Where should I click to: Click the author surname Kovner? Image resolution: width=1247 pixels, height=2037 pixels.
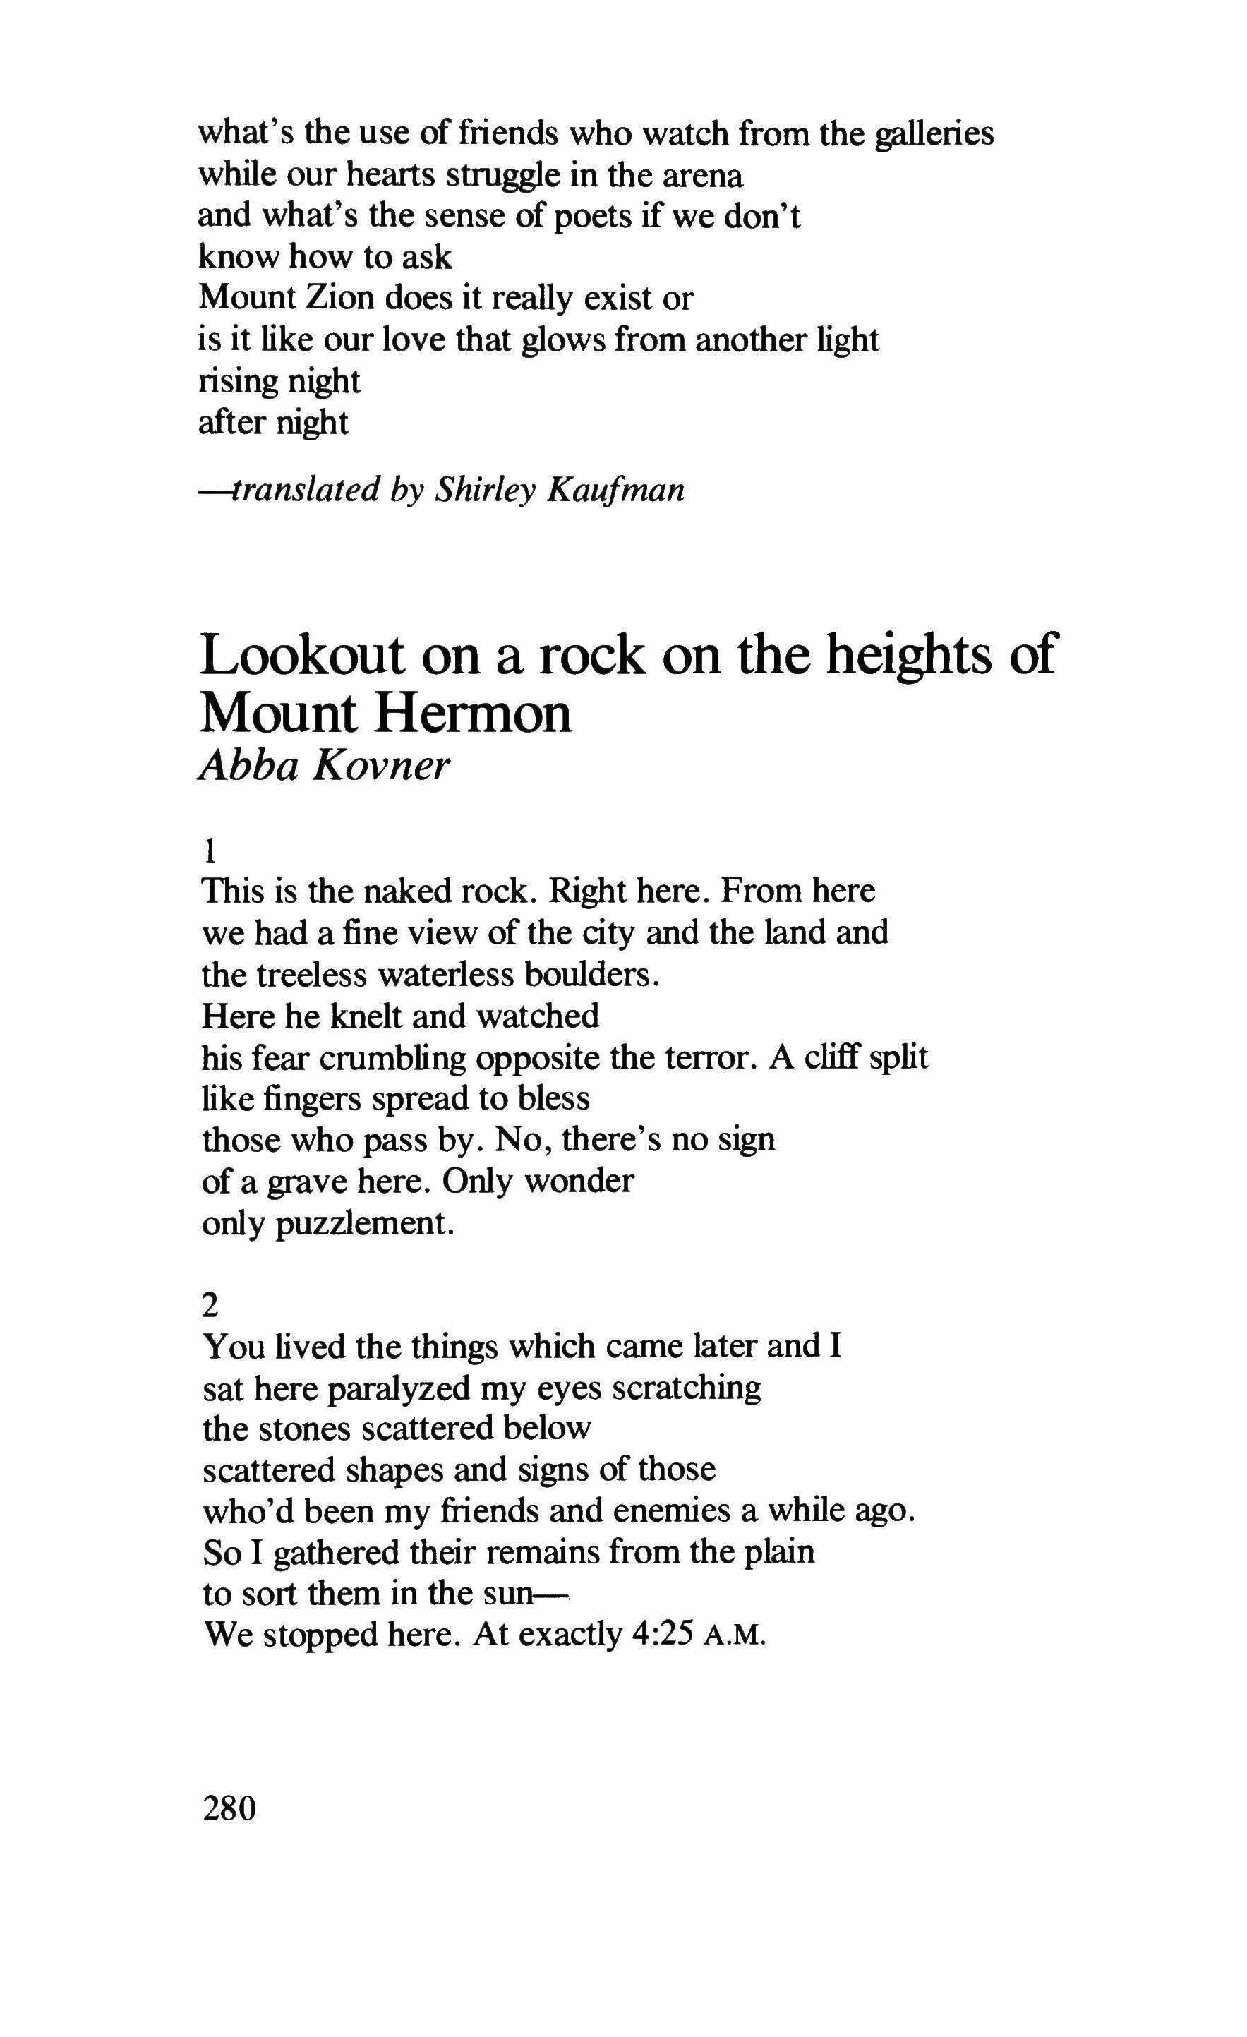tap(381, 766)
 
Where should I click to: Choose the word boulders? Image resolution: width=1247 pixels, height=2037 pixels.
tap(591, 975)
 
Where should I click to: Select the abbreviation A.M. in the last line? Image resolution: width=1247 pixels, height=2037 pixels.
tap(734, 1637)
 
